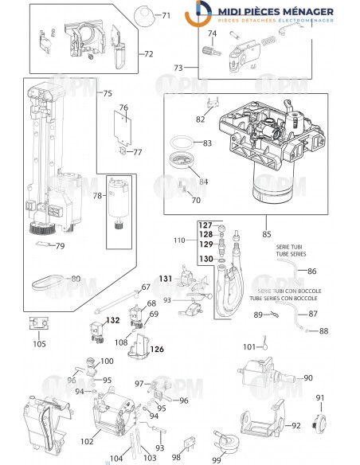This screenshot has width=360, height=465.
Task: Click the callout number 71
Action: coord(166,16)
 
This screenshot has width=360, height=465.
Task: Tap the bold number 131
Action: coord(164,279)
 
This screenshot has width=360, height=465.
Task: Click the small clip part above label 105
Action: coord(37,324)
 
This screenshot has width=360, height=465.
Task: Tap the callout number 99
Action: coord(217,459)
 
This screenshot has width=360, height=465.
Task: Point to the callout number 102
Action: coord(88,441)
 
